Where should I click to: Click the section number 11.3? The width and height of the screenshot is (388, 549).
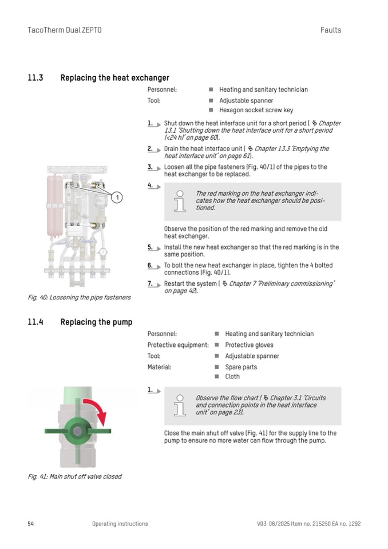[x=35, y=78]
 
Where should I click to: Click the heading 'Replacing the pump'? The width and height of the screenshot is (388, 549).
[x=96, y=322]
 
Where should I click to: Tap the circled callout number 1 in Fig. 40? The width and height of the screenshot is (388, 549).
[x=116, y=198]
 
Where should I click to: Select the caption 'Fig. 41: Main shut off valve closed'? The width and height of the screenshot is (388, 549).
[x=74, y=476]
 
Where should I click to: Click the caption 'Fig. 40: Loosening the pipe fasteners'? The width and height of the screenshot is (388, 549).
[x=79, y=297]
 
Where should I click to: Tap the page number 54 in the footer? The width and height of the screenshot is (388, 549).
[x=31, y=524]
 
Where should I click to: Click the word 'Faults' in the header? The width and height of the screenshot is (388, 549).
[x=331, y=30]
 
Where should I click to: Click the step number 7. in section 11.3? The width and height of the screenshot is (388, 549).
[x=151, y=284]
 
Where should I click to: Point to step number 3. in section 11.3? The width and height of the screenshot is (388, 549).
[x=151, y=167]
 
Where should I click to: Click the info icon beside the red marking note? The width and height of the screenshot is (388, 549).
[x=180, y=202]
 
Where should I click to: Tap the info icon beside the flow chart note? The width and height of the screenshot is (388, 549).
[x=180, y=405]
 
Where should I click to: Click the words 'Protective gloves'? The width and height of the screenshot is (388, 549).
[x=249, y=345]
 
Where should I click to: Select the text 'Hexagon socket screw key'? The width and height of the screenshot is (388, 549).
[x=256, y=110]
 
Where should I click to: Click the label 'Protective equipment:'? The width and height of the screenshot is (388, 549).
[x=178, y=345]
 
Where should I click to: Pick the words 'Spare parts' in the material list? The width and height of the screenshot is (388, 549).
[x=241, y=367]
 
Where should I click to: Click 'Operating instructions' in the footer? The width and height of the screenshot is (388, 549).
[x=120, y=524]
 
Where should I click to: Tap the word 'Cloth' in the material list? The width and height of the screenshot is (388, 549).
[x=232, y=377]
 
